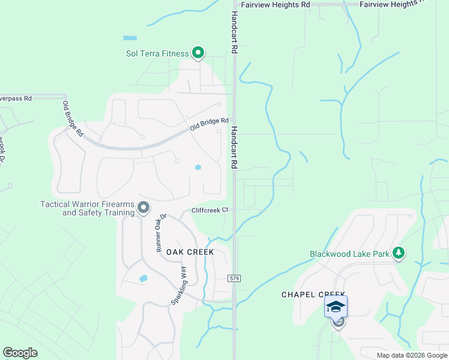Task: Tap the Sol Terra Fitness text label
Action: [x=157, y=53]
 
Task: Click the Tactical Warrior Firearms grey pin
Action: [x=143, y=208]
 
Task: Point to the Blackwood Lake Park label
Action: [x=349, y=254]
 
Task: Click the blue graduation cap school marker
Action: [x=336, y=307]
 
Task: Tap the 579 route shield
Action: [x=234, y=278]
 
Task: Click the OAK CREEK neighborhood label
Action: [x=190, y=252]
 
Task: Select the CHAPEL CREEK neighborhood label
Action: [x=314, y=295]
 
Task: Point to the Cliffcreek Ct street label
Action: [x=210, y=211]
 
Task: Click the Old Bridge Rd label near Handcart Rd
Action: [x=209, y=124]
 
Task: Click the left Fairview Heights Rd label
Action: [x=275, y=4]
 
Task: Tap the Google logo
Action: [x=20, y=353]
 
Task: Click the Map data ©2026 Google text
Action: [x=412, y=355]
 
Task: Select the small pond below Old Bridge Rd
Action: [x=197, y=167]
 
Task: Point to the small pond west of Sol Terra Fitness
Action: [x=130, y=38]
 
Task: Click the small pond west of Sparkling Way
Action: [x=143, y=278]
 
